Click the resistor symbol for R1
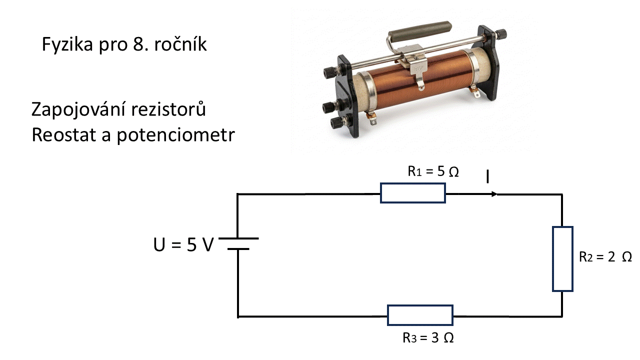point(413,193)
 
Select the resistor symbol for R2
point(562,258)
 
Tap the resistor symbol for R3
point(420,315)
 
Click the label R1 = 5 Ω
point(433,172)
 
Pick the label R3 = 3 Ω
point(428,337)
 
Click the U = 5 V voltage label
point(183,245)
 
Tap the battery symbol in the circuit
point(238,243)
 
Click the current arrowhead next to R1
point(494,194)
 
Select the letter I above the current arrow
point(487,176)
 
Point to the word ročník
point(182,45)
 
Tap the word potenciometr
point(175,135)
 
